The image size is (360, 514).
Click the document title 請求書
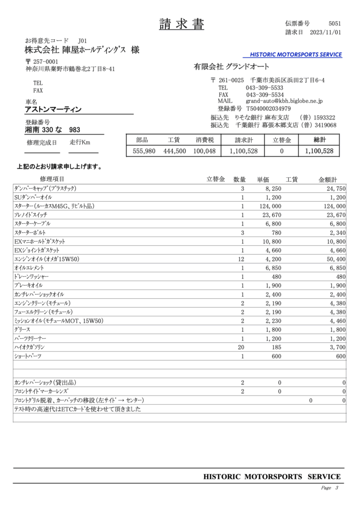[181, 24]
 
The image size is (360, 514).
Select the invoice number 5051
[334, 24]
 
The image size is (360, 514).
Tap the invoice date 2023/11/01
[326, 33]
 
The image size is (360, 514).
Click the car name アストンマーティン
[53, 109]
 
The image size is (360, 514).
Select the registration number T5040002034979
[268, 108]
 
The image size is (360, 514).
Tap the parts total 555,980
[144, 151]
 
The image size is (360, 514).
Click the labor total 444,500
[174, 151]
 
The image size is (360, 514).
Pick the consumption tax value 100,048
[204, 151]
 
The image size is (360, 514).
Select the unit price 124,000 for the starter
[269, 206]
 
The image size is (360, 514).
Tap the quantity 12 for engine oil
[241, 259]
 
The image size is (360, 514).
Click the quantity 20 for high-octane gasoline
[241, 347]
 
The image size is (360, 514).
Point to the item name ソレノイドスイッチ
[32, 215]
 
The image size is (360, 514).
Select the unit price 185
[274, 347]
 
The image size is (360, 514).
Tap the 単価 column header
[263, 180]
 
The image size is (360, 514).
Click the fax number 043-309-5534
[265, 94]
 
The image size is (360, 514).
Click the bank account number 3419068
[324, 125]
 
